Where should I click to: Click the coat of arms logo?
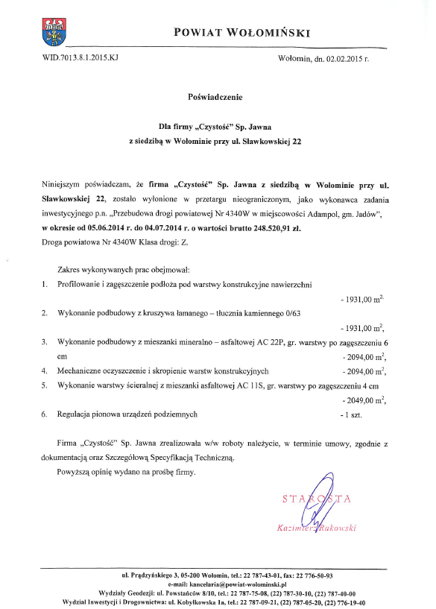coord(54,31)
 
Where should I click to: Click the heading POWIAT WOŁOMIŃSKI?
coord(241,32)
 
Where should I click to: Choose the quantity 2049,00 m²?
coord(361,400)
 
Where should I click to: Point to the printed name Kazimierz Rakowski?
coord(317,528)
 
